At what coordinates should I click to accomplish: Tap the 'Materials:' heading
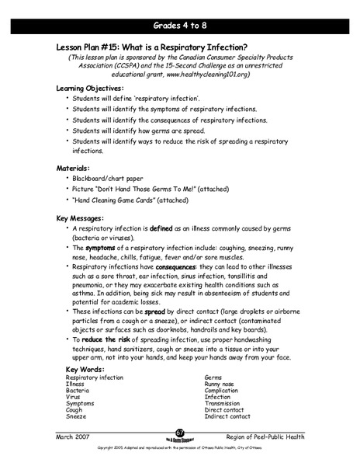click(78, 168)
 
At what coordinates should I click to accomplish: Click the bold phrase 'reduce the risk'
click(111, 339)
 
